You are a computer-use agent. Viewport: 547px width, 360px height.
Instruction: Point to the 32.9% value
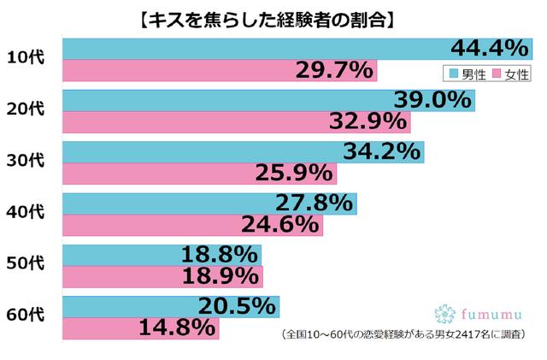tap(368, 121)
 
